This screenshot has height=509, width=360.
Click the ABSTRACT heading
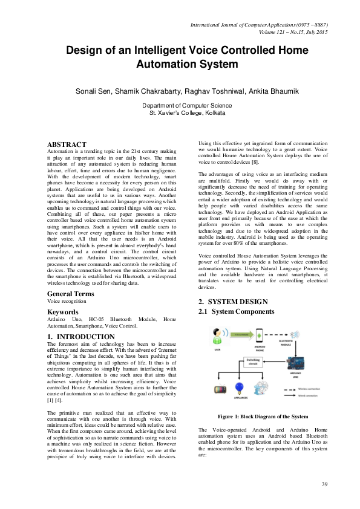pos(67,144)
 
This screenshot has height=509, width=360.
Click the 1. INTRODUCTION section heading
pos(80,337)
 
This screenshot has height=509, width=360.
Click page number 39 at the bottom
pos(324,484)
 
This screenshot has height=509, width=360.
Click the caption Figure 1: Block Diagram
pos(263,417)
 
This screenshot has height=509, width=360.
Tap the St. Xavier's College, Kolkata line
pos(179,112)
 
